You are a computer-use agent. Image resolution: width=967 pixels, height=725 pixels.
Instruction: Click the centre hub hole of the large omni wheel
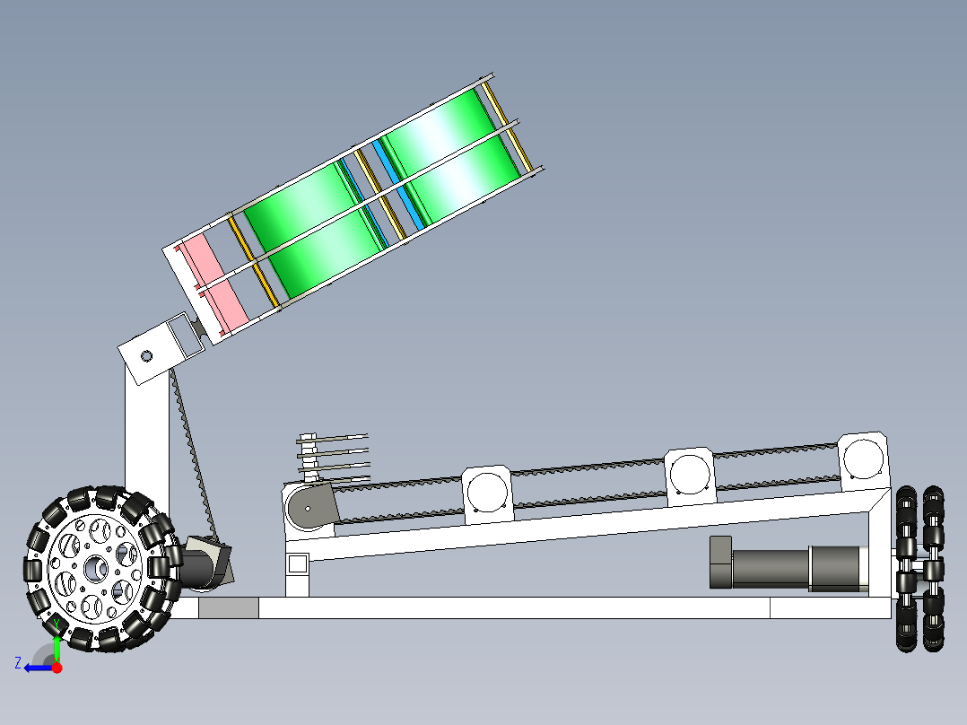tap(95, 569)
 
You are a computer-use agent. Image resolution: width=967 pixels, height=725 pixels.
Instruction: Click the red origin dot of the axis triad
tap(57, 668)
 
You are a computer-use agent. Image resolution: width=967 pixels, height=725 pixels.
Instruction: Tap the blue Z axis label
tap(18, 663)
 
